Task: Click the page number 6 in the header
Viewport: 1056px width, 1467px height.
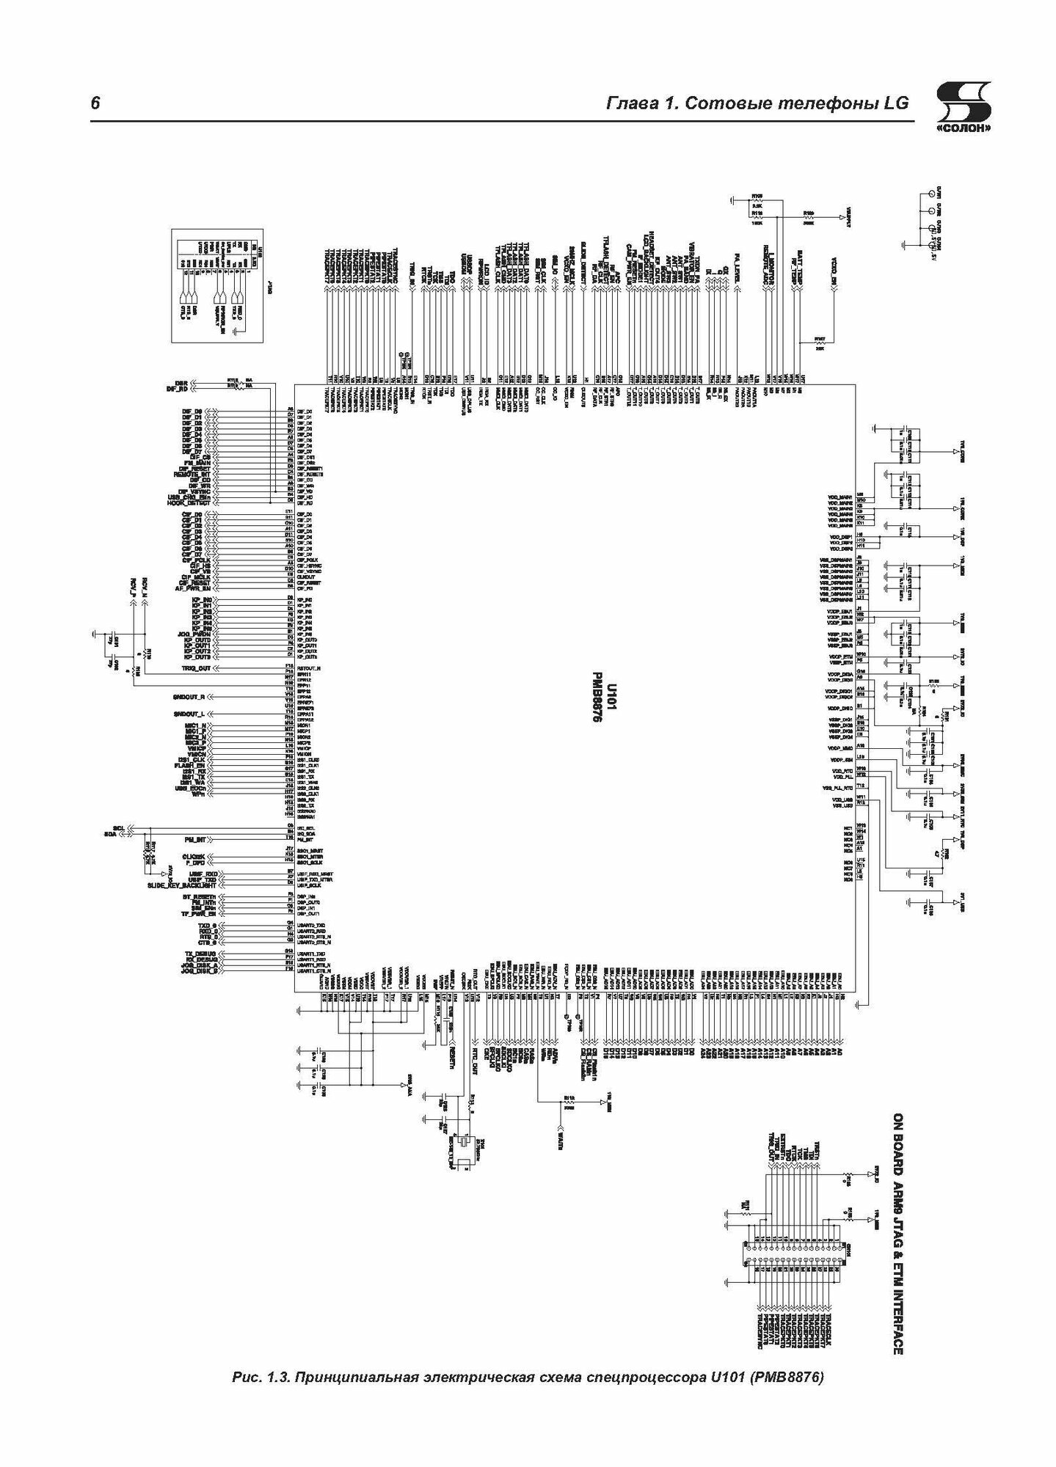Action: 95,103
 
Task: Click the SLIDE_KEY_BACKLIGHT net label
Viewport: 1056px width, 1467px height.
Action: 178,886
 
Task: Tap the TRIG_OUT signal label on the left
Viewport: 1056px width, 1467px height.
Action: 195,669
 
